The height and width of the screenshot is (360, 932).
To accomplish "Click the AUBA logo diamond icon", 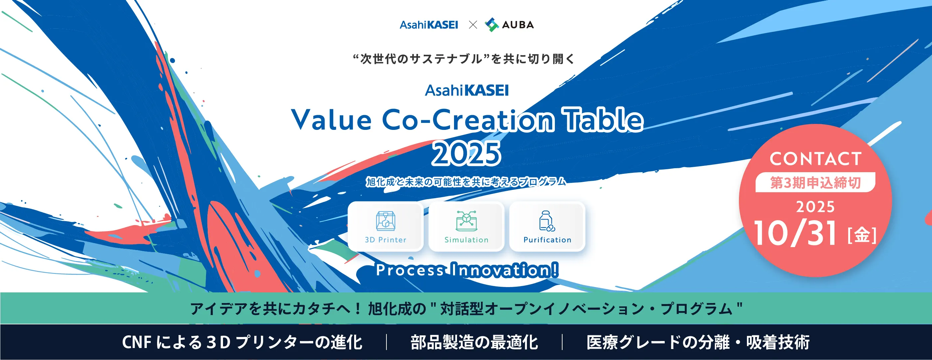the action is (x=492, y=25).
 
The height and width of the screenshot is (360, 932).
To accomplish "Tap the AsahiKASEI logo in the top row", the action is (x=429, y=25).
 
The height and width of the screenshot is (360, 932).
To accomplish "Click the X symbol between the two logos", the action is (x=473, y=25).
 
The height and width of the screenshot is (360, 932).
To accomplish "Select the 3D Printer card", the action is (x=386, y=226).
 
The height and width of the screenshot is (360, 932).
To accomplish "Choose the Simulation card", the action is (x=466, y=226).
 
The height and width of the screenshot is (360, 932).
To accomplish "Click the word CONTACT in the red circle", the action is (x=815, y=159).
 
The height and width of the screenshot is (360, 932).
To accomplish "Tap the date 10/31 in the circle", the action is (x=795, y=233).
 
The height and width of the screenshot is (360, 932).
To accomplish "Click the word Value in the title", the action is (x=331, y=120).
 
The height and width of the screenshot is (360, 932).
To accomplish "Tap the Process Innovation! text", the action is (x=467, y=270).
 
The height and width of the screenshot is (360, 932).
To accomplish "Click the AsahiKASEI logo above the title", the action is (x=467, y=90).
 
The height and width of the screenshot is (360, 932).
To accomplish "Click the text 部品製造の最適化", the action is (x=474, y=342).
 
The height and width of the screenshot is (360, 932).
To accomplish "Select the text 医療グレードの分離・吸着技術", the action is (x=698, y=342).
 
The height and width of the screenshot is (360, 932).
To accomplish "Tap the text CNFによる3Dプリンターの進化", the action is (x=242, y=342).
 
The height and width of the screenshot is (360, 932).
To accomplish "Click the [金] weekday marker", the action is (x=862, y=235).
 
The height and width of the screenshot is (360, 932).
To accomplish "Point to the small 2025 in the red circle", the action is (x=815, y=207).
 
